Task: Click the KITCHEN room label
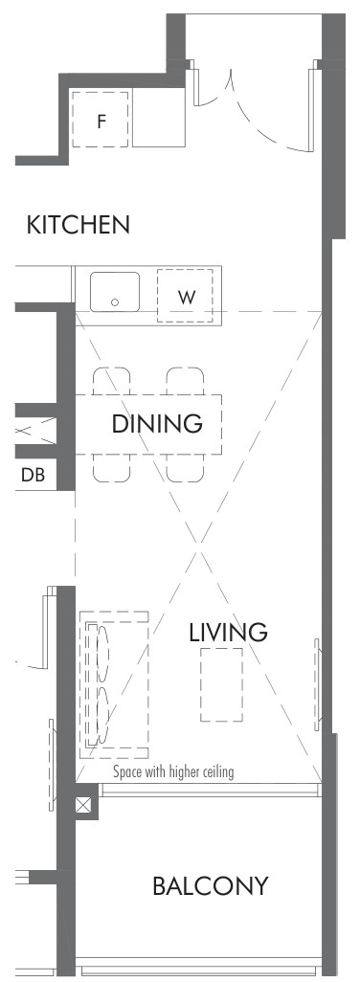(x=79, y=225)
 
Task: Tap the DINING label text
(x=157, y=424)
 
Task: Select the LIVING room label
(x=229, y=633)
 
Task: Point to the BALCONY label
(x=211, y=886)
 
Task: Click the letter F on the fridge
(x=101, y=121)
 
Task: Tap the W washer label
(x=186, y=298)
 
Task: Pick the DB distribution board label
(x=34, y=476)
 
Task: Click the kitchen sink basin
(x=115, y=292)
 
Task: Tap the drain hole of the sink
(x=115, y=302)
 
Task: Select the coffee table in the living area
(x=221, y=684)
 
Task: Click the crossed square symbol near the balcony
(x=84, y=805)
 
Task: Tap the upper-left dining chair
(x=112, y=381)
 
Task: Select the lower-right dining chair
(x=186, y=468)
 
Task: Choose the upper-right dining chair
(x=186, y=381)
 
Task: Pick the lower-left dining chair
(x=112, y=468)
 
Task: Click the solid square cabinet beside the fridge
(x=159, y=117)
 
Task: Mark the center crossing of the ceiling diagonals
(x=199, y=552)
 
